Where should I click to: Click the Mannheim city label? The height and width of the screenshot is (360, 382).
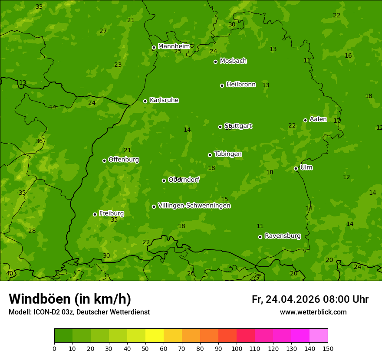pyautogui.click(x=174, y=46)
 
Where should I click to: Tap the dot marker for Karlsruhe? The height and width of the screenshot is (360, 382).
pyautogui.click(x=145, y=101)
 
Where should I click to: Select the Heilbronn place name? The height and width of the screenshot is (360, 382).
pyautogui.click(x=241, y=85)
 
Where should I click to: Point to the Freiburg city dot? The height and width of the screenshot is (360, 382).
pyautogui.click(x=95, y=214)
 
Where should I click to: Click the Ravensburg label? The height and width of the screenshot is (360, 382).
pyautogui.click(x=283, y=236)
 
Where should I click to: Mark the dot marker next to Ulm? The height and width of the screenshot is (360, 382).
pyautogui.click(x=296, y=168)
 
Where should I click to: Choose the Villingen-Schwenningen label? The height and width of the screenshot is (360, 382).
pyautogui.click(x=194, y=206)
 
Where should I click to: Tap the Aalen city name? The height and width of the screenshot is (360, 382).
pyautogui.click(x=318, y=119)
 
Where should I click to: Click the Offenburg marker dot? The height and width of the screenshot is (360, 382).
pyautogui.click(x=104, y=160)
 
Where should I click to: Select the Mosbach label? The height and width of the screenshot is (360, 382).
pyautogui.click(x=233, y=61)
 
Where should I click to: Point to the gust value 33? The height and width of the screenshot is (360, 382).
pyautogui.click(x=39, y=7)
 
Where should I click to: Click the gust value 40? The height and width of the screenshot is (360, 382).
pyautogui.click(x=10, y=274)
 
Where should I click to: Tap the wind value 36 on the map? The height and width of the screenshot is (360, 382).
pyautogui.click(x=39, y=141)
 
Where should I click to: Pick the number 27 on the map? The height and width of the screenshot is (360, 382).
pyautogui.click(x=103, y=31)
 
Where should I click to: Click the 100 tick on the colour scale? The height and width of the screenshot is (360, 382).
pyautogui.click(x=237, y=349)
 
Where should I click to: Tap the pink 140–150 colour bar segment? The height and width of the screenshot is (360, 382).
pyautogui.click(x=319, y=336)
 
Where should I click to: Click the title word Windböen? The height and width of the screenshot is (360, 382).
pyautogui.click(x=39, y=299)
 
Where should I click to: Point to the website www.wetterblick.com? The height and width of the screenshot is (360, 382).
pyautogui.click(x=313, y=312)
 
